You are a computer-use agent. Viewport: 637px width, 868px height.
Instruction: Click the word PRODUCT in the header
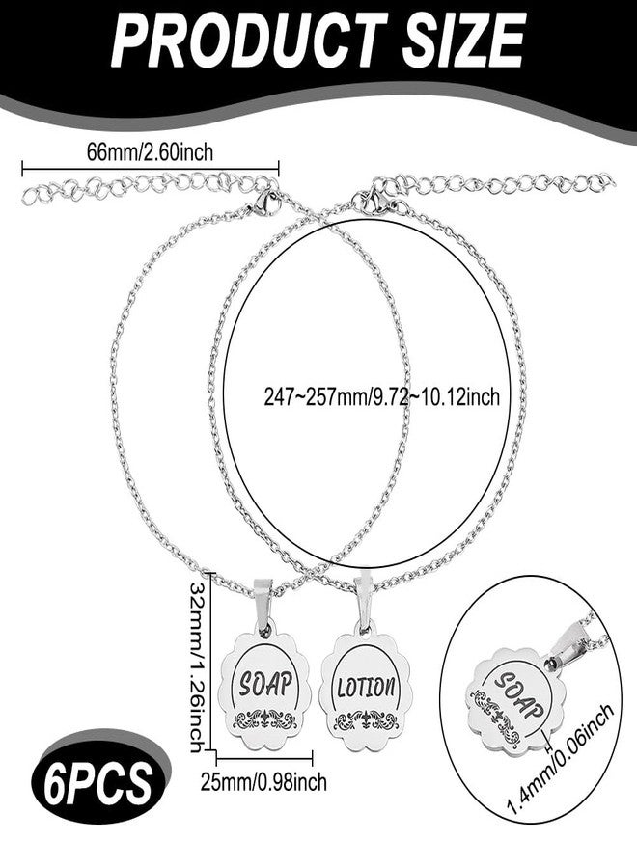(249, 40)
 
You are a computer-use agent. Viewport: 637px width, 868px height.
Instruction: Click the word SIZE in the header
(463, 40)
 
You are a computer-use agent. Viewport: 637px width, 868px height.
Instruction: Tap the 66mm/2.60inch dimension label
(150, 151)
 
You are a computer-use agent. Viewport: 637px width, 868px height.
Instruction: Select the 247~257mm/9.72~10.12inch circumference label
(381, 396)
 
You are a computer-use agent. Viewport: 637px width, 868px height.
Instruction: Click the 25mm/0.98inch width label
(263, 782)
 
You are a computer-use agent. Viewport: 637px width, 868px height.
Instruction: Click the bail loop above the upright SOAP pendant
(264, 604)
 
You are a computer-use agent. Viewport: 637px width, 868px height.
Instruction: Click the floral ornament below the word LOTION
(366, 720)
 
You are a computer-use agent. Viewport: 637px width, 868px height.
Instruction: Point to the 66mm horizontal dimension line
(151, 168)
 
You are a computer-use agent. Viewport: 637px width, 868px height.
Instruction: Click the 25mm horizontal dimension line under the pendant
(264, 758)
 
